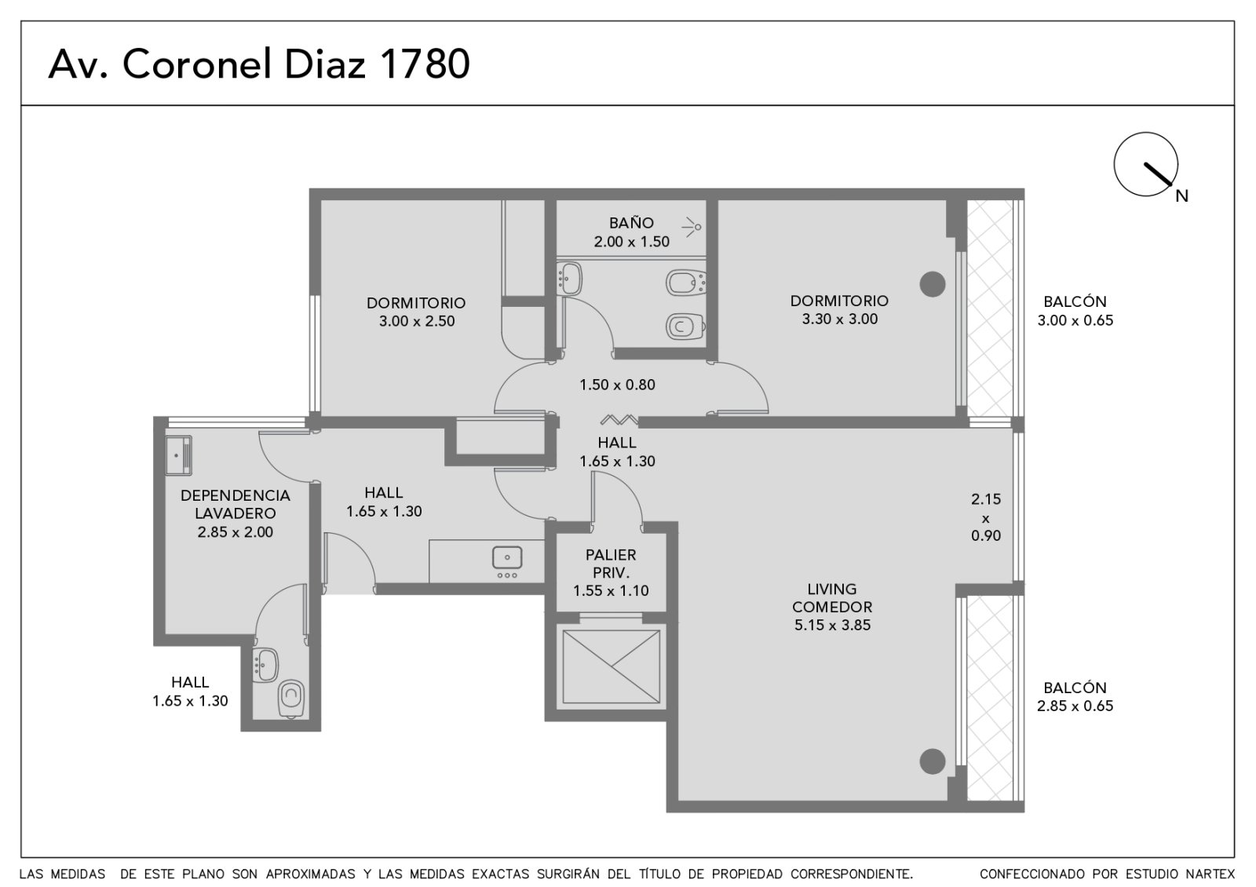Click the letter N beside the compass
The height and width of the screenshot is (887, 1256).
click(x=1182, y=196)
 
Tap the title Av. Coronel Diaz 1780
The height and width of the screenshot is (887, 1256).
click(x=259, y=64)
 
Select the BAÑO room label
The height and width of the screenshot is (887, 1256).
click(x=631, y=223)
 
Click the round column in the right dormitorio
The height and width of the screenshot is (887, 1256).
click(x=933, y=284)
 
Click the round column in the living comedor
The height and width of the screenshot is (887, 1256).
click(x=933, y=761)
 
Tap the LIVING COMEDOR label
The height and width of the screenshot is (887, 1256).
click(x=832, y=598)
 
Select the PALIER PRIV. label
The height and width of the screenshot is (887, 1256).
click(x=611, y=564)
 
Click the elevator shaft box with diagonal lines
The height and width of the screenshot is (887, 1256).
click(x=612, y=666)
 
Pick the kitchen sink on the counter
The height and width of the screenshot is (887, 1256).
click(x=507, y=558)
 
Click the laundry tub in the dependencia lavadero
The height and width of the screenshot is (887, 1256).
click(x=179, y=455)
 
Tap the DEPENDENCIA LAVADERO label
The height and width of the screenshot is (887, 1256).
click(x=235, y=504)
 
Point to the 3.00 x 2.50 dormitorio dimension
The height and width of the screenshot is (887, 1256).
click(x=417, y=321)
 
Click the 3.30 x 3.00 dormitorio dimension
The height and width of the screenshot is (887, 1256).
click(x=840, y=319)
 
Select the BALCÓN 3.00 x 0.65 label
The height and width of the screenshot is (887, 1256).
click(x=1075, y=311)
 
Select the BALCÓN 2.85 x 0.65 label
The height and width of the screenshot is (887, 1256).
click(x=1075, y=696)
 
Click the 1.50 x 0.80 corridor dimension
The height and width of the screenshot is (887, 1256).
click(x=617, y=385)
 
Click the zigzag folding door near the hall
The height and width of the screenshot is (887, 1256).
click(x=619, y=419)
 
